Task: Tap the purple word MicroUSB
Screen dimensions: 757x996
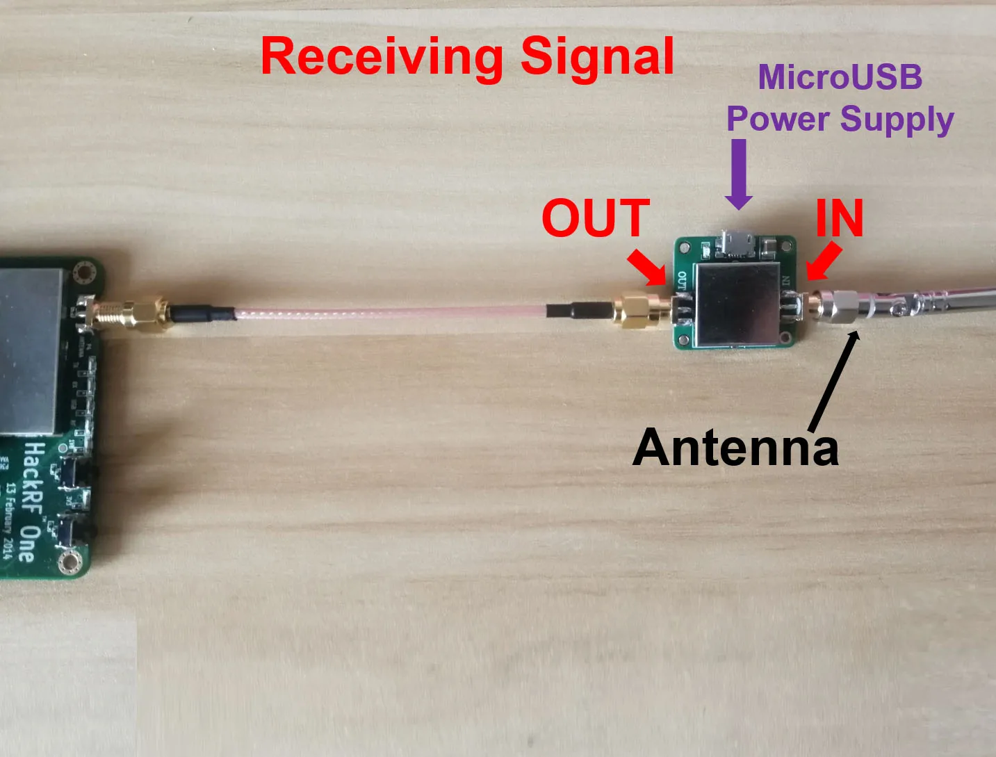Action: coord(840,76)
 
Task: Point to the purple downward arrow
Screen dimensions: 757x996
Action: coord(739,174)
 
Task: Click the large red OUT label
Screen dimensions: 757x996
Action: coord(596,218)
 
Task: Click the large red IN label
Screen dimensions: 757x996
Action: coord(839,218)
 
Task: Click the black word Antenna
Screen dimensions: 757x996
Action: coord(735,447)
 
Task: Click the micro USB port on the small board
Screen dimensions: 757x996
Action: coord(735,245)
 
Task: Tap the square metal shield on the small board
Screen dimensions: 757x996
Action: coord(737,304)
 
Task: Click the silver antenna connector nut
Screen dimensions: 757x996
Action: coord(838,306)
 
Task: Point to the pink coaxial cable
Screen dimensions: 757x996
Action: coord(389,312)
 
